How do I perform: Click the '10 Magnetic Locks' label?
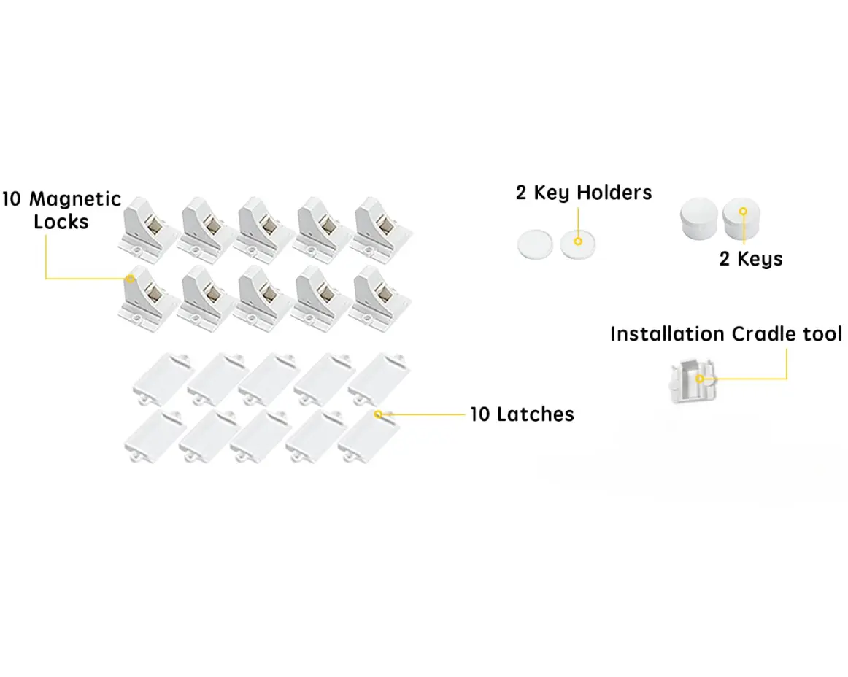[x=61, y=210]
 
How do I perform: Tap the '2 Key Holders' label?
[x=584, y=193]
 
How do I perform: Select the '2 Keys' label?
[x=751, y=259]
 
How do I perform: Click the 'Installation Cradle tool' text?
[x=726, y=334]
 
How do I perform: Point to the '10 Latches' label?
[x=522, y=414]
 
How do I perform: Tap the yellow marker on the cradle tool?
[x=700, y=379]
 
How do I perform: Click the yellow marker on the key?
[x=743, y=212]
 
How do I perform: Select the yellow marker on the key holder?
[x=577, y=240]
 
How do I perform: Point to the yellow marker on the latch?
[x=378, y=414]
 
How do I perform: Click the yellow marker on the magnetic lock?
[x=131, y=278]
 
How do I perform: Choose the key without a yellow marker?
[x=698, y=218]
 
